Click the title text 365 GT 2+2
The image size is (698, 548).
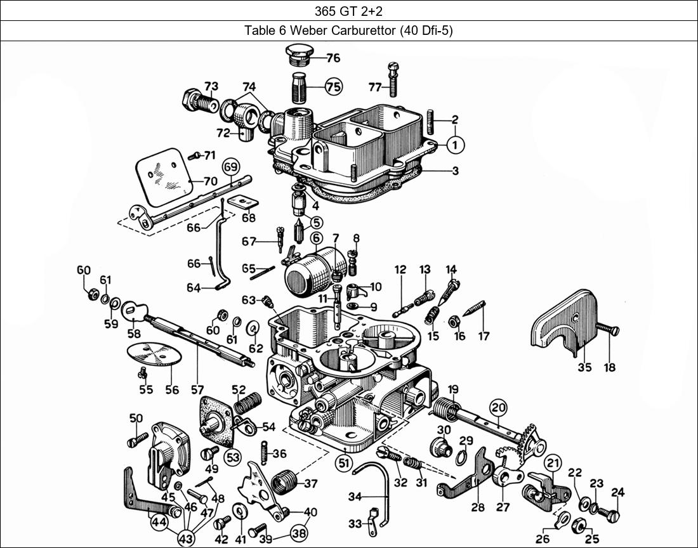pyautogui.click(x=348, y=10)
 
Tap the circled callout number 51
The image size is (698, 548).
pyautogui.click(x=343, y=463)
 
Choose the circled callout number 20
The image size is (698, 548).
pyautogui.click(x=498, y=408)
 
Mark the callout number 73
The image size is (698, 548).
pyautogui.click(x=211, y=86)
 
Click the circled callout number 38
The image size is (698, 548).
pyautogui.click(x=298, y=533)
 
